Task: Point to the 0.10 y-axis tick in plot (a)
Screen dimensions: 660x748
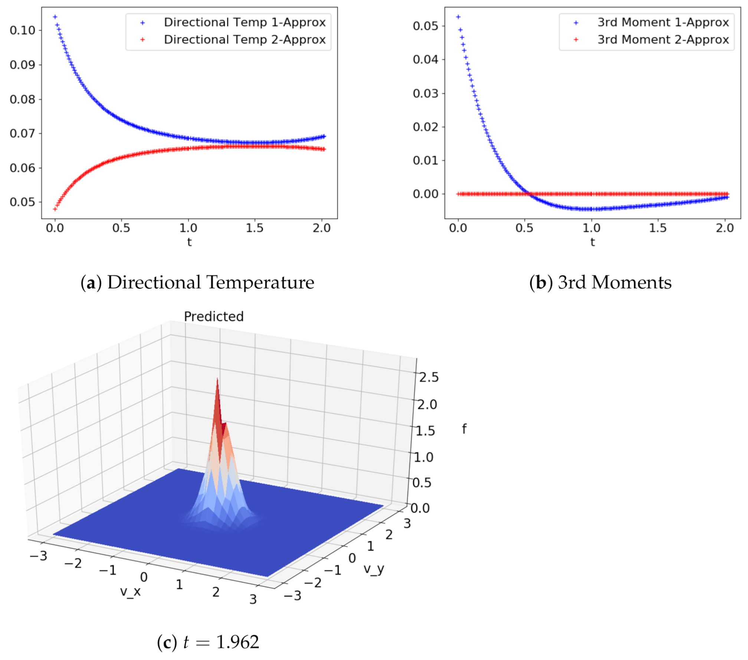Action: tap(22, 30)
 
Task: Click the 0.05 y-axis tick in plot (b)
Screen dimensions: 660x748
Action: tap(425, 26)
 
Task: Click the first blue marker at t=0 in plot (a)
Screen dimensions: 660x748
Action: tap(55, 17)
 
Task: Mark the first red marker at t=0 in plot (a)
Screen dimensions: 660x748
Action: tap(55, 209)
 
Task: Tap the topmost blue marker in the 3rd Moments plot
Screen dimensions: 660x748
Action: tap(458, 17)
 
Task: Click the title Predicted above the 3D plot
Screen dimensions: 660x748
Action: tap(214, 316)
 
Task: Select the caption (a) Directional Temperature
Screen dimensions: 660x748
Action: tap(197, 282)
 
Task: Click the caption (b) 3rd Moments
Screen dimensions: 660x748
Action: tap(600, 282)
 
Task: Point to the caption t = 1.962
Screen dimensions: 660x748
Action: tap(208, 642)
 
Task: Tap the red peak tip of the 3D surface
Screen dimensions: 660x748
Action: tap(217, 379)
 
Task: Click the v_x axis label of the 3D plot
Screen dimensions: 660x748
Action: tap(130, 591)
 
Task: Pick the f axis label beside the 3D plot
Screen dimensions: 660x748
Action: tap(464, 429)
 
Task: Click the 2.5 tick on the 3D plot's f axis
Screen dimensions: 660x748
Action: tap(429, 377)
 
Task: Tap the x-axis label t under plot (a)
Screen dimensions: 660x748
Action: tap(189, 242)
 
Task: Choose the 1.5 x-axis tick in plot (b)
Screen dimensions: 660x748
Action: tap(657, 228)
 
